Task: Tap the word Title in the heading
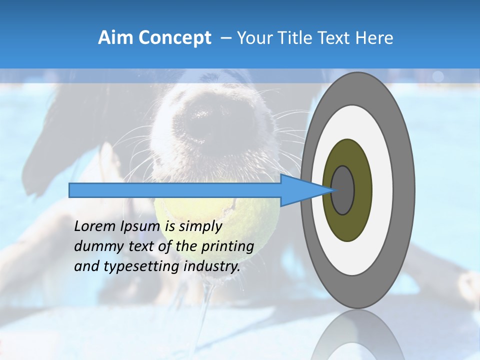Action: pyautogui.click(x=299, y=38)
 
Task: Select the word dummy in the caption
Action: pyautogui.click(x=95, y=246)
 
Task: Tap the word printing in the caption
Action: pyautogui.click(x=227, y=246)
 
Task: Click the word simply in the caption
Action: pyautogui.click(x=200, y=226)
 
